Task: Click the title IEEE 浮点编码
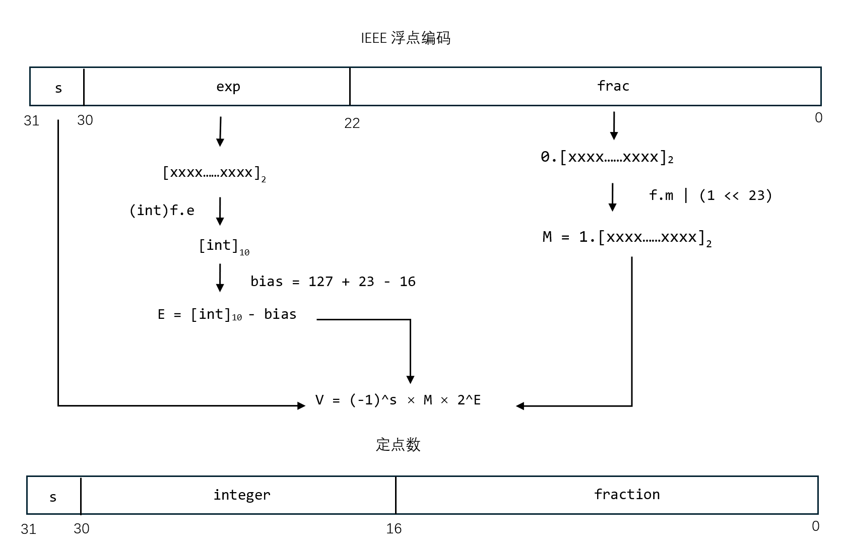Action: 406,38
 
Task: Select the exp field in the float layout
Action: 228,87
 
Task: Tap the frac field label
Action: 613,86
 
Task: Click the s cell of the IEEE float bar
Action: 58,88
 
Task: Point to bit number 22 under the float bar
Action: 352,123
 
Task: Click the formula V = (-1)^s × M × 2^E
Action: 398,400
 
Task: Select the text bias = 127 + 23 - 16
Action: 333,282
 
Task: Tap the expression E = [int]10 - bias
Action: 227,315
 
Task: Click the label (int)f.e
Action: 162,211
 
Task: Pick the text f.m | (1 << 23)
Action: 710,195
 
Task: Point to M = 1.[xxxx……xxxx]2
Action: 627,237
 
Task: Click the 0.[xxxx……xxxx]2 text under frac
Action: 607,157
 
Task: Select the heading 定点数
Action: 398,445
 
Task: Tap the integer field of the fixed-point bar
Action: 242,495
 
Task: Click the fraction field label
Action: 627,495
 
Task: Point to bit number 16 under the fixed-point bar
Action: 394,528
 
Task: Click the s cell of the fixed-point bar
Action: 53,497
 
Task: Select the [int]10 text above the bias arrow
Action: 224,246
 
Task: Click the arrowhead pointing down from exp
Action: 220,142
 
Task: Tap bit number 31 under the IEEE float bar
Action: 31,121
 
